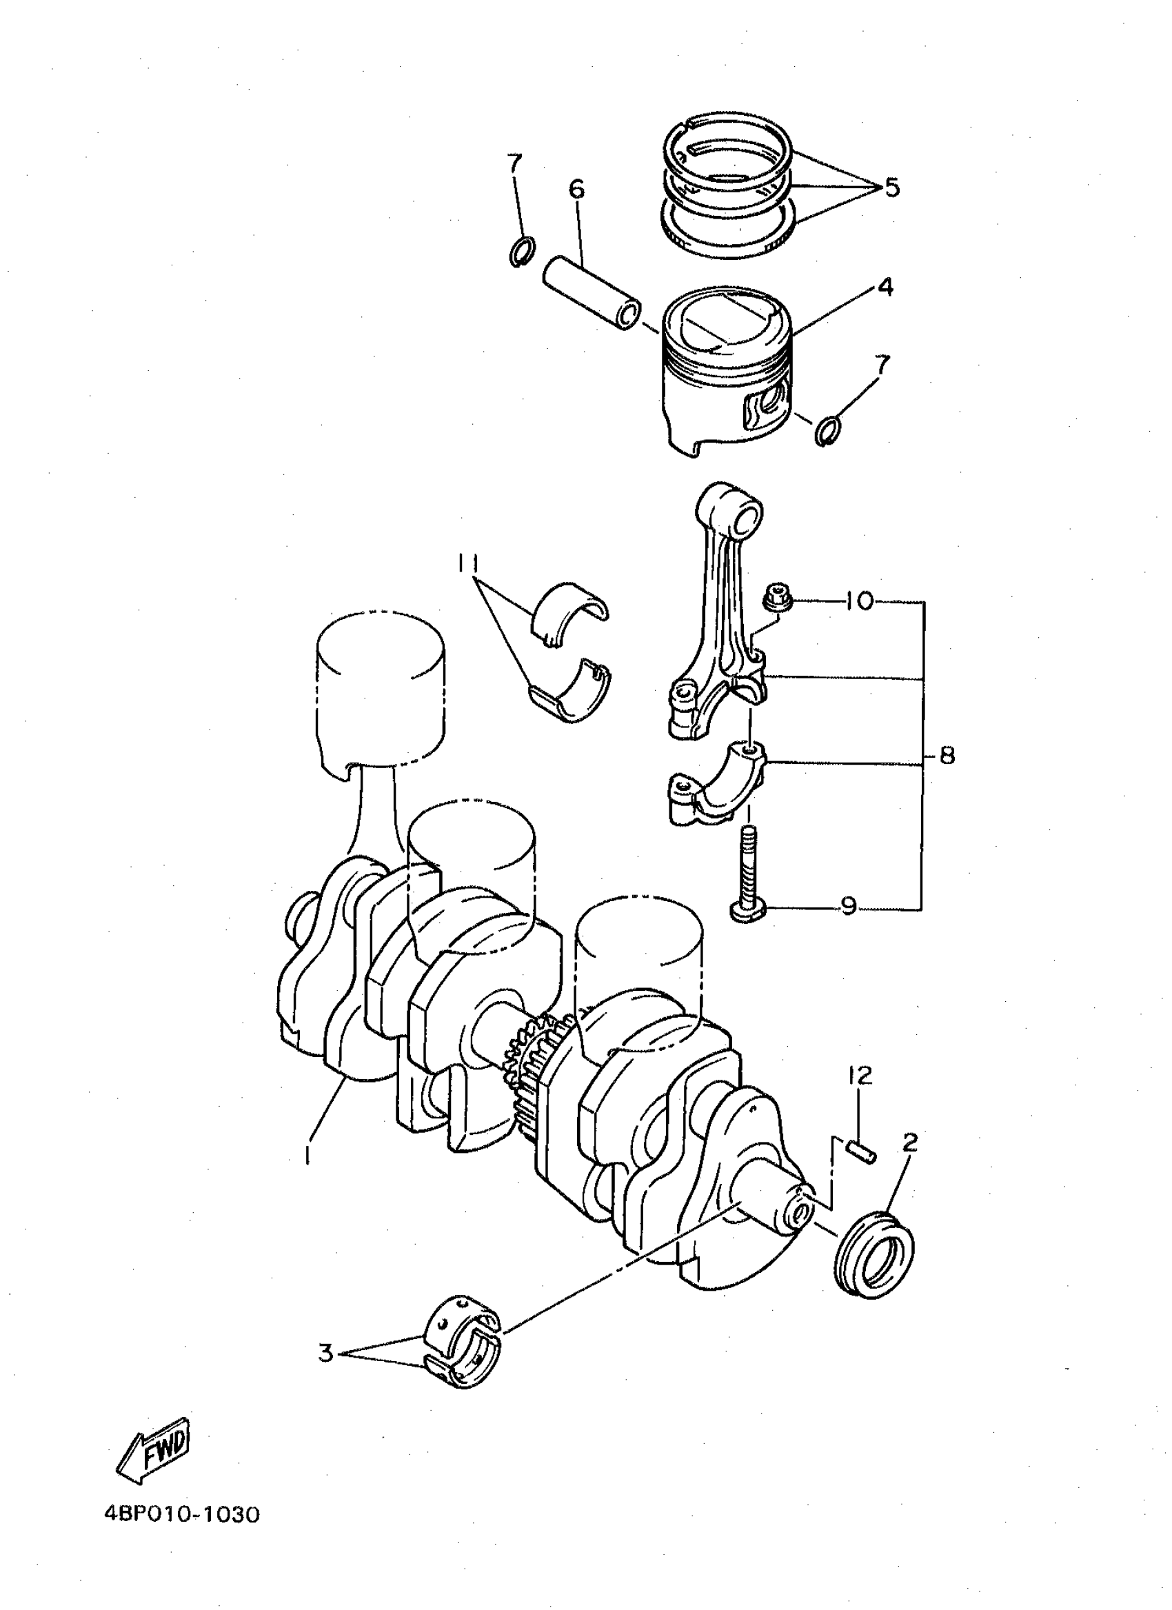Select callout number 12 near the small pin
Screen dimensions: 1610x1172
[859, 1076]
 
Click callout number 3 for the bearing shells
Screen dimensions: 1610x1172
[326, 1354]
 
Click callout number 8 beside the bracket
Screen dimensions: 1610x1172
[947, 755]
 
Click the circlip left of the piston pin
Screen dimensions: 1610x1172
[522, 250]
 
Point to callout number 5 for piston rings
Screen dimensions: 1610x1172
[891, 188]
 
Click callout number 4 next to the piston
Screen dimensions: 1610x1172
[885, 288]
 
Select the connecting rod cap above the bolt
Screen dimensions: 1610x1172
[717, 785]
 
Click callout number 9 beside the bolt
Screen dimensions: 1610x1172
[848, 907]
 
